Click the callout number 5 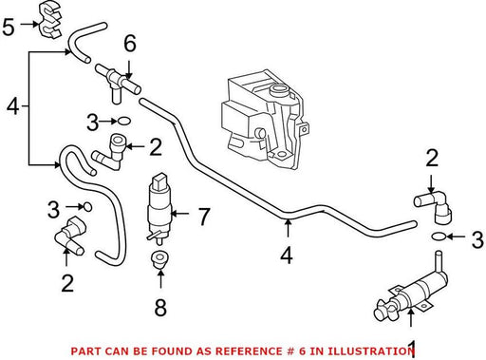[x=9, y=28]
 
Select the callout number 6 [x=130, y=43]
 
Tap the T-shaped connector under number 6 [x=118, y=83]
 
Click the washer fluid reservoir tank [x=265, y=118]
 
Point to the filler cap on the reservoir [x=279, y=90]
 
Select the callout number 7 [x=204, y=217]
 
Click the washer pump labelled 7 [x=159, y=209]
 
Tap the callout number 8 [x=160, y=307]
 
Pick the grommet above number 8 [x=159, y=259]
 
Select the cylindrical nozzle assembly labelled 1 [x=411, y=296]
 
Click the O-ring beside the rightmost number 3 [x=439, y=237]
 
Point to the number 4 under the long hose [x=287, y=256]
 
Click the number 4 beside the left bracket [x=13, y=106]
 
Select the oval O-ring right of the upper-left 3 [x=124, y=121]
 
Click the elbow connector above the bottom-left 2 [x=70, y=235]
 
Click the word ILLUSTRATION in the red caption [x=370, y=351]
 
